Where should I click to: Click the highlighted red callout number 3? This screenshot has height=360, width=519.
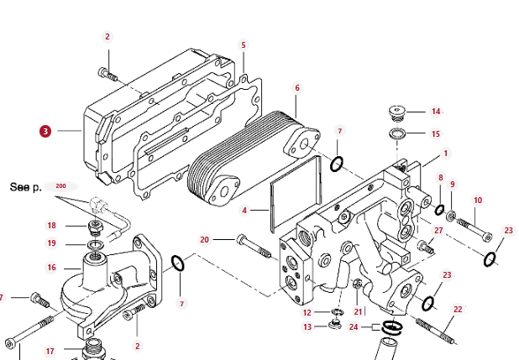click(45, 131)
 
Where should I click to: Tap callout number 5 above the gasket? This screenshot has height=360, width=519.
click(244, 45)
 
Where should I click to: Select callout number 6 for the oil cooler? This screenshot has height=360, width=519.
click(297, 87)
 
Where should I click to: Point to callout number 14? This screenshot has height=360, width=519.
click(436, 112)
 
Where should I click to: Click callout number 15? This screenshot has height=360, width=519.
click(436, 133)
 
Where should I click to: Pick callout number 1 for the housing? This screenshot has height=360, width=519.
click(445, 154)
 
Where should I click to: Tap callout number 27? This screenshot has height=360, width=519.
click(438, 230)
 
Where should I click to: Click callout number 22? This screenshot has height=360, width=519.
click(458, 310)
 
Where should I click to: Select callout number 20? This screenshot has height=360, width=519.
click(204, 240)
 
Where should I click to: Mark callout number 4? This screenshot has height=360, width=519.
click(244, 210)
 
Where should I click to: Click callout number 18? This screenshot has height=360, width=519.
click(51, 225)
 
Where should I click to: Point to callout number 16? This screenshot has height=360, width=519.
click(51, 268)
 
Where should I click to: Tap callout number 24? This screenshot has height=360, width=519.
click(354, 326)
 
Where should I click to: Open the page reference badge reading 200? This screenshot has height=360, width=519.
click(60, 185)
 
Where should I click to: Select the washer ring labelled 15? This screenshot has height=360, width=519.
click(398, 134)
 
